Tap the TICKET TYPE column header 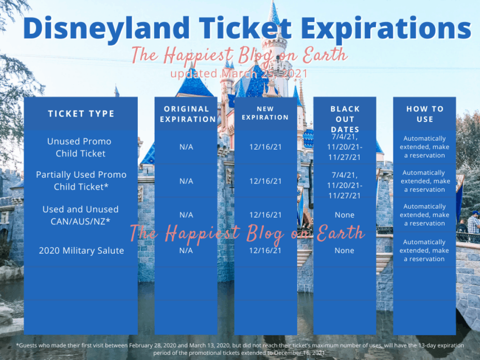coord(81,114)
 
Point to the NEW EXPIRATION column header coord(265,113)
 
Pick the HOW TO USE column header coord(425,114)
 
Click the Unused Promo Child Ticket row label coord(79,147)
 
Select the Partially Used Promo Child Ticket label coord(81,181)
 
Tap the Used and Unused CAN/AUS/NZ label coord(80,215)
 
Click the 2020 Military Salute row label coord(81,250)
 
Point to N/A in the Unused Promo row coord(186,147)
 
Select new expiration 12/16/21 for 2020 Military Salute coord(265,250)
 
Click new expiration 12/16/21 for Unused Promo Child coord(265,147)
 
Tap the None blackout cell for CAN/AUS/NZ coord(344,215)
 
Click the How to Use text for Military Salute coord(425,250)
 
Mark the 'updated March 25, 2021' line coord(239,74)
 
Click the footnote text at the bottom coord(240,349)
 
